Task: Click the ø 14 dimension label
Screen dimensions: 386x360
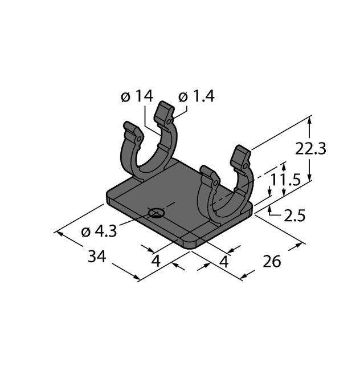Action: pyautogui.click(x=137, y=96)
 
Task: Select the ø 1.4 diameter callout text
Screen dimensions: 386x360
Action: pyautogui.click(x=197, y=96)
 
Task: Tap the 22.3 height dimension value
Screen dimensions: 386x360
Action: pyautogui.click(x=310, y=149)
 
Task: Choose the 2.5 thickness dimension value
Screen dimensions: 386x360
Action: pyautogui.click(x=295, y=216)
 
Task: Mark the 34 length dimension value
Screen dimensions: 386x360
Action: pyautogui.click(x=97, y=257)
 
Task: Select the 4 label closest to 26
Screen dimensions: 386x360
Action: pyautogui.click(x=224, y=262)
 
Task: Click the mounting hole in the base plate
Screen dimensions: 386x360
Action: pyautogui.click(x=156, y=213)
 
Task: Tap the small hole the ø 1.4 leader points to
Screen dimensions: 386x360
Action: pyautogui.click(x=169, y=121)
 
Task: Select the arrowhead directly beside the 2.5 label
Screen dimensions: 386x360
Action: pyautogui.click(x=270, y=213)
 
